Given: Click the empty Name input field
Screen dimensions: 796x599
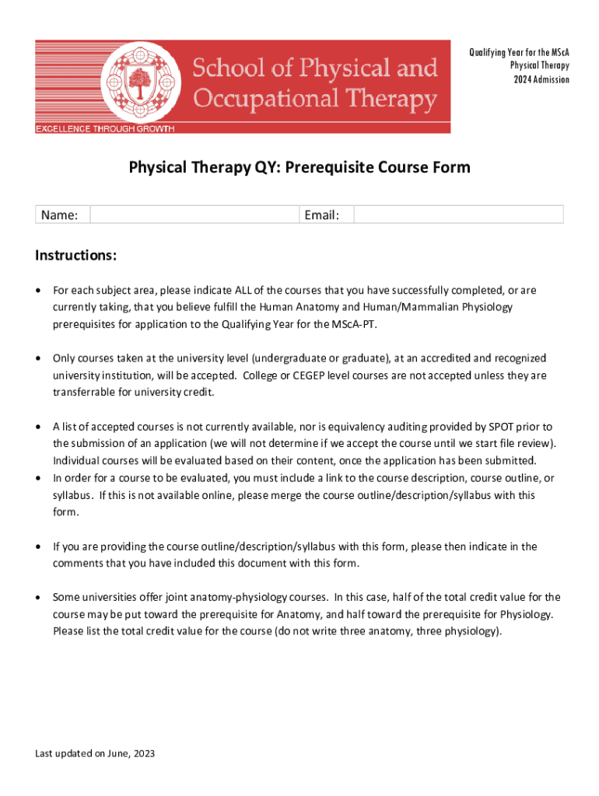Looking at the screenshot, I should (x=194, y=215).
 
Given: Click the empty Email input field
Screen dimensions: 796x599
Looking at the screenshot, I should (x=459, y=215).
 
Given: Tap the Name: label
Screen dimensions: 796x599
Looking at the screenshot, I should (x=59, y=215).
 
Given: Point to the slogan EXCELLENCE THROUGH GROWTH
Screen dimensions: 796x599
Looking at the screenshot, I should (x=105, y=128).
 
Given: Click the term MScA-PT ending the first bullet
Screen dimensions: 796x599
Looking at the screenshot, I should (x=356, y=324).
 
